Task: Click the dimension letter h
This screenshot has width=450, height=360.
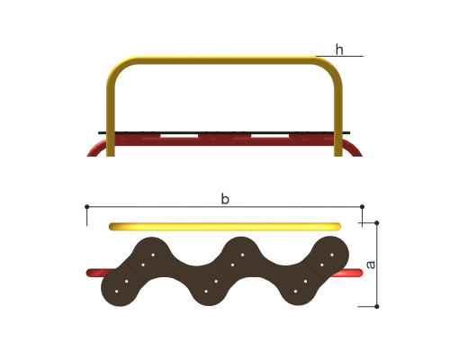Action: tap(339, 49)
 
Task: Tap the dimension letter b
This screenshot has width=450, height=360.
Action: tap(225, 199)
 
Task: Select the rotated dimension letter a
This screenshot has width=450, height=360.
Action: tap(371, 265)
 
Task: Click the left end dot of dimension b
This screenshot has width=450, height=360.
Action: tap(87, 207)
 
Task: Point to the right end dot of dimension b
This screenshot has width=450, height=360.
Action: tap(362, 207)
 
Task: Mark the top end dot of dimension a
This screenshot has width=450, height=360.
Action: tap(377, 223)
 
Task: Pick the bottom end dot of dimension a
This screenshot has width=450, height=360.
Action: tap(377, 307)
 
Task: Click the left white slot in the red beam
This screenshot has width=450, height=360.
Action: tap(179, 136)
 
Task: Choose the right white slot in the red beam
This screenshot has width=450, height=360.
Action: tap(270, 136)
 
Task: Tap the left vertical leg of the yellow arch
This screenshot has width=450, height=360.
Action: tap(111, 120)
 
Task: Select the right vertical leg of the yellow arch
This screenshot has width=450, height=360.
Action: tap(338, 120)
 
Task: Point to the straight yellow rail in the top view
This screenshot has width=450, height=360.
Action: tap(225, 227)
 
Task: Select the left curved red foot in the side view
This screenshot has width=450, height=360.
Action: tap(96, 148)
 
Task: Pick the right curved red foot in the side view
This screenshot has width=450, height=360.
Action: tap(353, 148)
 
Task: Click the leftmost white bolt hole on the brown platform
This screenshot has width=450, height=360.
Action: tap(116, 292)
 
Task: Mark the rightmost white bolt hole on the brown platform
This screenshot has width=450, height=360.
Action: tap(332, 255)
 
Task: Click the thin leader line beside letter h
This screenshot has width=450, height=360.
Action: tap(339, 56)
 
